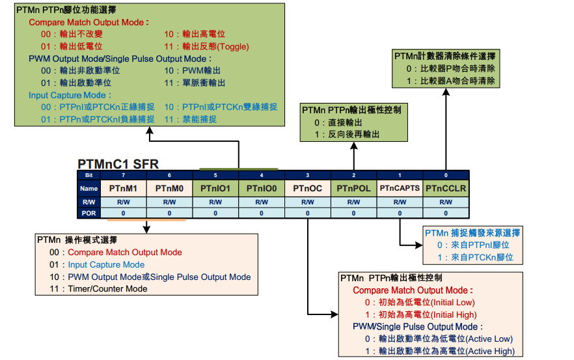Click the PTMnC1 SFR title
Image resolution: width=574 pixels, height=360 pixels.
click(118, 164)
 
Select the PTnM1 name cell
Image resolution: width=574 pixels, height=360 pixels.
click(123, 188)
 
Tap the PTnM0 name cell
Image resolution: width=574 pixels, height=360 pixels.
click(169, 188)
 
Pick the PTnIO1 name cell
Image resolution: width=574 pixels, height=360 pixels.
click(215, 188)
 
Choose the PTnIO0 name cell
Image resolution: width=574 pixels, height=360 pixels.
click(262, 188)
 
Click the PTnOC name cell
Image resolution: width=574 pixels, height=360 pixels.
click(308, 188)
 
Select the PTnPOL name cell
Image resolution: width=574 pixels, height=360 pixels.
click(354, 188)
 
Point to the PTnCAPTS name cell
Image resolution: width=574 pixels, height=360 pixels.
click(400, 188)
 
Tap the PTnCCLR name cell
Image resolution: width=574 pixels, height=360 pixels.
click(446, 188)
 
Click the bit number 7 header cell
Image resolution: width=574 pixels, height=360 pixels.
click(123, 174)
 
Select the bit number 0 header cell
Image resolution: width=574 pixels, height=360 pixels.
click(446, 174)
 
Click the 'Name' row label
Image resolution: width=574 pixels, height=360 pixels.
click(89, 188)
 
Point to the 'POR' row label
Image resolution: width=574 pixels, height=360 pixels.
click(89, 213)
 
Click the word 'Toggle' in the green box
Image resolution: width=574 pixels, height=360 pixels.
click(232, 46)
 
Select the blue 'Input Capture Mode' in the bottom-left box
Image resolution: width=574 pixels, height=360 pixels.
click(106, 264)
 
